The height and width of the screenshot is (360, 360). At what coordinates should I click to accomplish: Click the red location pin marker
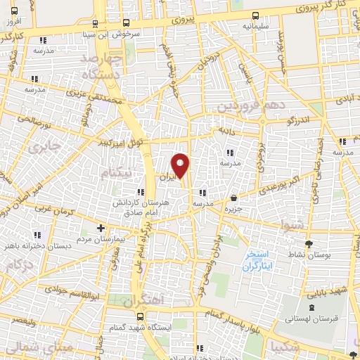[181, 165]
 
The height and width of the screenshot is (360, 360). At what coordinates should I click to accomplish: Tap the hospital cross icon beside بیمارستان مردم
[101, 228]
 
